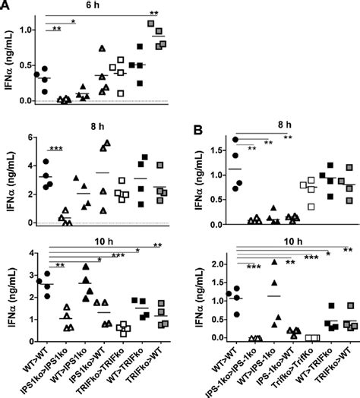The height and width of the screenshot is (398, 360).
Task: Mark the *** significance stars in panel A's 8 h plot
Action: pyautogui.click(x=55, y=147)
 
